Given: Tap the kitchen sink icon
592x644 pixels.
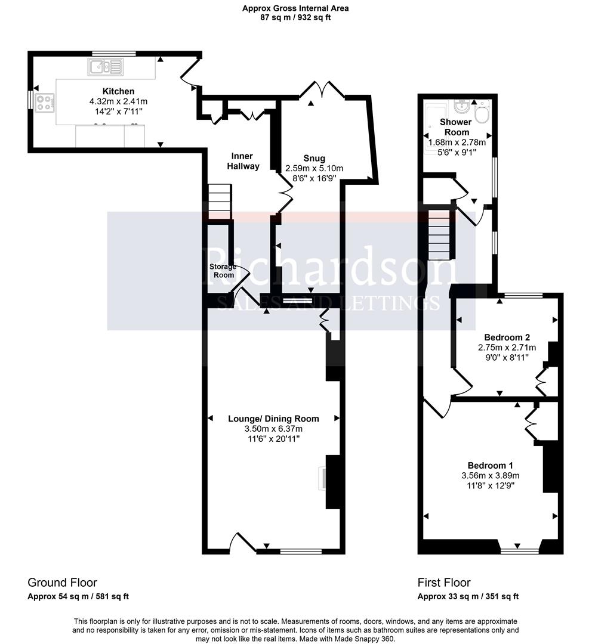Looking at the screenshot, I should point(106,67).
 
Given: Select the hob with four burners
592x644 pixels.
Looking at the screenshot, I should point(45,103).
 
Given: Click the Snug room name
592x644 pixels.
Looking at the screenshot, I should point(314,158).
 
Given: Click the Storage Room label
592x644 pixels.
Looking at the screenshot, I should point(222,271).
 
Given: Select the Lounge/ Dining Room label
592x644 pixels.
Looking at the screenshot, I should point(273,419).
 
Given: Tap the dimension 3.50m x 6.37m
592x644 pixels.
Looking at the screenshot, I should point(273,429).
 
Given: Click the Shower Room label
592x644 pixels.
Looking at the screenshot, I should point(456,127).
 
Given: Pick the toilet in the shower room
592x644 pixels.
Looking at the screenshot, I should point(482,111).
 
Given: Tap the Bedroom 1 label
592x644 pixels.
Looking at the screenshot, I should point(490,465).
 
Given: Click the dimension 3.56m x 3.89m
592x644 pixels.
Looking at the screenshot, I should point(490,475).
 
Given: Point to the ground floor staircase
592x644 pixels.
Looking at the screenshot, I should point(219,202).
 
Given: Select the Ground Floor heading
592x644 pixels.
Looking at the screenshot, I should point(62,583).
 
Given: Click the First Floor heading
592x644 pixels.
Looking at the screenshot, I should point(443,583).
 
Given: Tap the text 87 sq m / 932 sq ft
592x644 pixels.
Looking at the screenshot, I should point(295,18).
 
